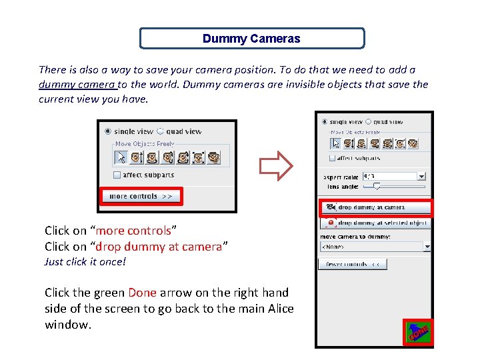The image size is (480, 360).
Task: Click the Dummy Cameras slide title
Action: tap(251, 39)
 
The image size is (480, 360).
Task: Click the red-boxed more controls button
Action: tap(141, 196)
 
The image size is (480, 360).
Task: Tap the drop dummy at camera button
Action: tap(375, 207)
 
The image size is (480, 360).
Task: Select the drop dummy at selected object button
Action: tap(375, 223)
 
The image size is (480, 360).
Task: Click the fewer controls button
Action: tap(353, 264)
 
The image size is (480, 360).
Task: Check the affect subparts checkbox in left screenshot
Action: tap(117, 175)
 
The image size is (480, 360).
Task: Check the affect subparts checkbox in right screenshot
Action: tap(333, 158)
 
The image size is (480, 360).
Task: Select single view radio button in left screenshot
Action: tap(109, 132)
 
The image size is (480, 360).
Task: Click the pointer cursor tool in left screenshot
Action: tap(121, 157)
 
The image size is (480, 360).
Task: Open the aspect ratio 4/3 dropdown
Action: tap(421, 177)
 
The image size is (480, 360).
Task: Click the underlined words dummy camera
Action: tap(77, 85)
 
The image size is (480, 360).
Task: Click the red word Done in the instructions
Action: tap(142, 293)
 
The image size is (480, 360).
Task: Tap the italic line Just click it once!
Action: tap(85, 262)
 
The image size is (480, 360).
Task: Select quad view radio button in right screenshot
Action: tap(368, 122)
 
